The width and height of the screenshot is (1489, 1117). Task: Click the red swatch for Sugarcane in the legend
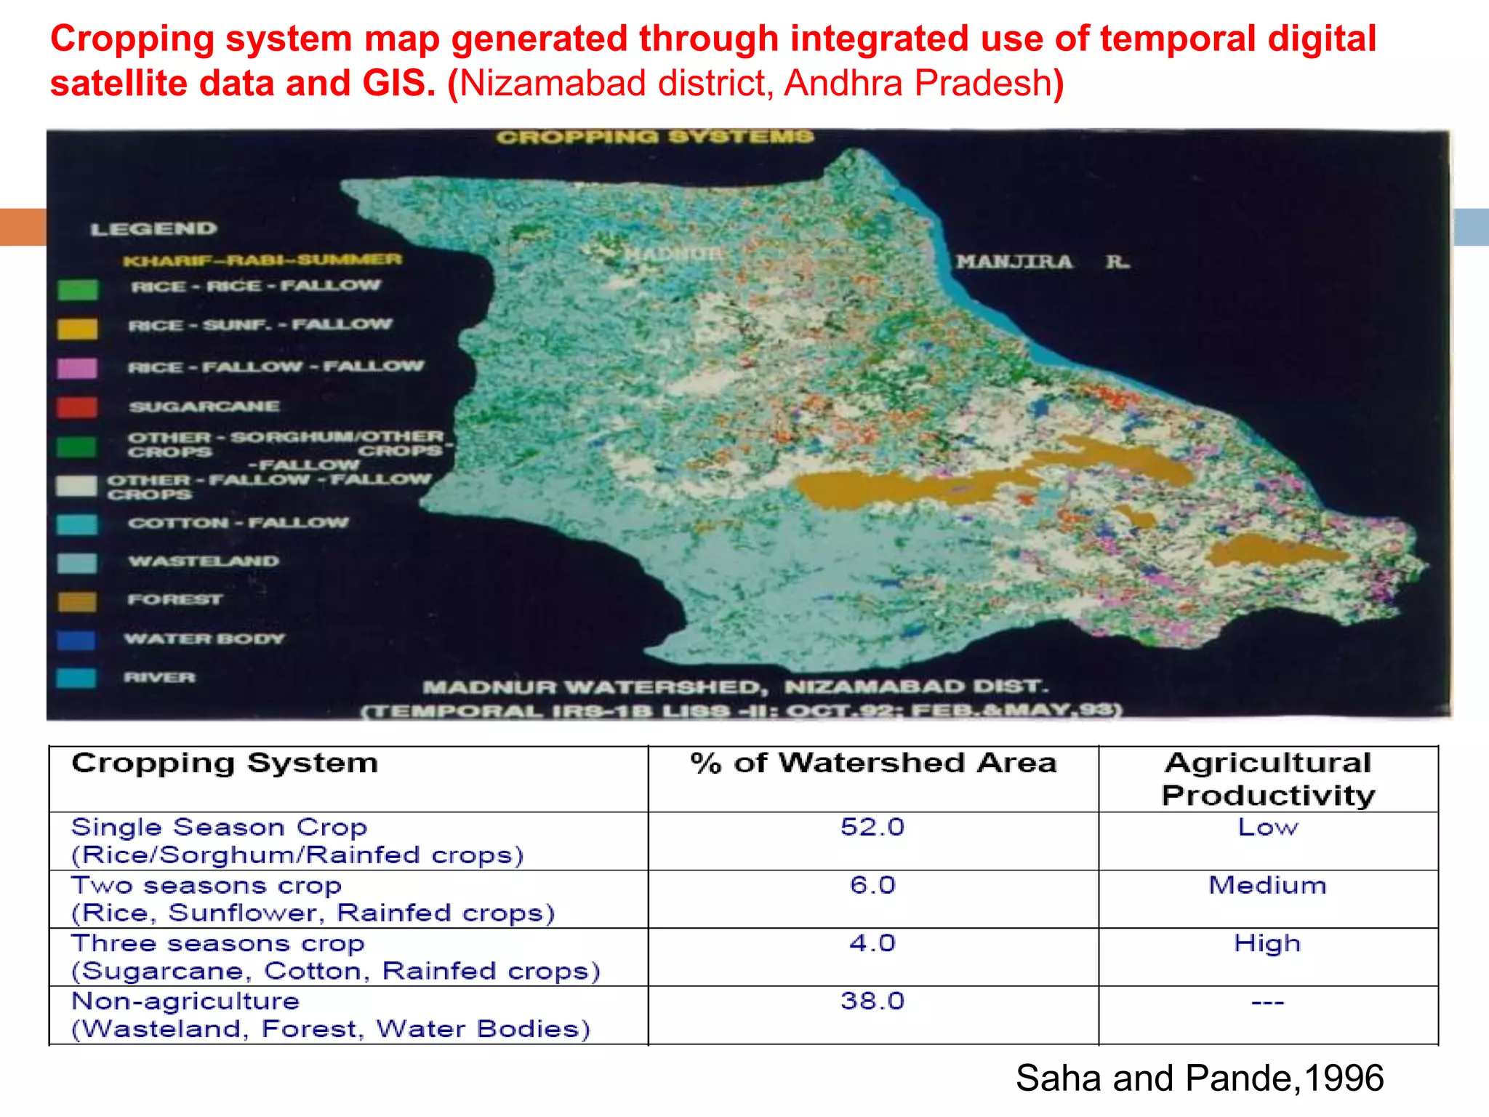(x=77, y=407)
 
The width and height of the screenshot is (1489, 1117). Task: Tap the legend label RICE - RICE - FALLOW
(x=255, y=286)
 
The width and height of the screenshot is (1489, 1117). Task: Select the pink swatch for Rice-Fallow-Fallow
(x=77, y=368)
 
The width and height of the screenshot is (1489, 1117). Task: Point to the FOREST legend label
(x=175, y=600)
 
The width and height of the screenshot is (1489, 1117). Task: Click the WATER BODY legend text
(x=205, y=639)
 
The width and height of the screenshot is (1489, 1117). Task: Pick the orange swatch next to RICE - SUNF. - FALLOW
(x=77, y=329)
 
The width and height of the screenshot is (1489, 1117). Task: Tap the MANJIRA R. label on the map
(x=1042, y=262)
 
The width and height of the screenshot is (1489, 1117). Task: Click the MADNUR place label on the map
(x=674, y=254)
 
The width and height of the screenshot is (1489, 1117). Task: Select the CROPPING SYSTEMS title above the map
(x=655, y=137)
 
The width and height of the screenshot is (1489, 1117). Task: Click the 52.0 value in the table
(x=872, y=828)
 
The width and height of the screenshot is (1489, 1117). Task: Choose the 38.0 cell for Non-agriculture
(x=872, y=1001)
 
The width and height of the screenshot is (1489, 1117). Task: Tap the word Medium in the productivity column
(x=1267, y=886)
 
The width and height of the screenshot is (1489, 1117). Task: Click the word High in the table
(x=1267, y=944)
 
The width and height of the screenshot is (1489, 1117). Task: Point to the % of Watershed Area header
(x=872, y=764)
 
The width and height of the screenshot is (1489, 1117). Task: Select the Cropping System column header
(x=225, y=764)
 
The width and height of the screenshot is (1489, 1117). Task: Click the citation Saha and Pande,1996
(x=1199, y=1078)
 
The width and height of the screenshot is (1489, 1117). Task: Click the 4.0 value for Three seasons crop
(x=872, y=944)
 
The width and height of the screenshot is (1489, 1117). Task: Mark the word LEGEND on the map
(x=153, y=229)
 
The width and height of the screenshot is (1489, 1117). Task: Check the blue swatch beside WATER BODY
(x=77, y=640)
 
